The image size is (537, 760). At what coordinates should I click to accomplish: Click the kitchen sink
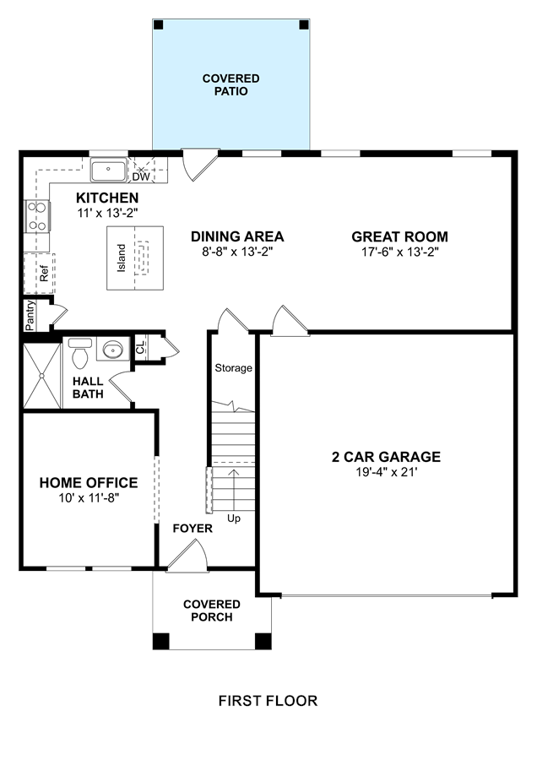coord(109,170)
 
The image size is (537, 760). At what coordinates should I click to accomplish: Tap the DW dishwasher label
coord(141,177)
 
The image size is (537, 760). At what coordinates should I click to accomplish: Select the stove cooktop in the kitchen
coord(37,215)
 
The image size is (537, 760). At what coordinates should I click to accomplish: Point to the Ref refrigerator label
coord(44,274)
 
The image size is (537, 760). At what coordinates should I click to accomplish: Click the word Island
coord(122,258)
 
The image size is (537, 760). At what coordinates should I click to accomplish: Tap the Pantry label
coord(30,316)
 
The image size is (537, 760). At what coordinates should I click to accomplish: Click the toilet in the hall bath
coord(79,353)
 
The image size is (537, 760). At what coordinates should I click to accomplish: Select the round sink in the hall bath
coord(113,349)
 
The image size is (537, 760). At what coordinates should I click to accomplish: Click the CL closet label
coord(140,347)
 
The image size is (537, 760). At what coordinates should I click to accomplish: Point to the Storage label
coord(234,368)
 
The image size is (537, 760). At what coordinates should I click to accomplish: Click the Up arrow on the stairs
coord(234,490)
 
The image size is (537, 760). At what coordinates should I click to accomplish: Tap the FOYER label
coord(193,529)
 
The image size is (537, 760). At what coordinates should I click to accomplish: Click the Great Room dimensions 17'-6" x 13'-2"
coord(400,252)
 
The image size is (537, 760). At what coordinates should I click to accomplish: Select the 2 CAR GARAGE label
coord(386,457)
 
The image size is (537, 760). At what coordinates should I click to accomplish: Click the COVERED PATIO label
coord(231,84)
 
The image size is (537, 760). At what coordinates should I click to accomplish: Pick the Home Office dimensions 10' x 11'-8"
coord(89,497)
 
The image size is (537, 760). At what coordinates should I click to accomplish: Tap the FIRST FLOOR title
coord(268,701)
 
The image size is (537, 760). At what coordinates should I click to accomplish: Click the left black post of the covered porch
coord(161,641)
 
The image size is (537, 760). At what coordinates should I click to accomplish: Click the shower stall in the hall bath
coord(42,376)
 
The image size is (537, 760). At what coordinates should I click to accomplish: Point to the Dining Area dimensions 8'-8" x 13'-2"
coord(237,252)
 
